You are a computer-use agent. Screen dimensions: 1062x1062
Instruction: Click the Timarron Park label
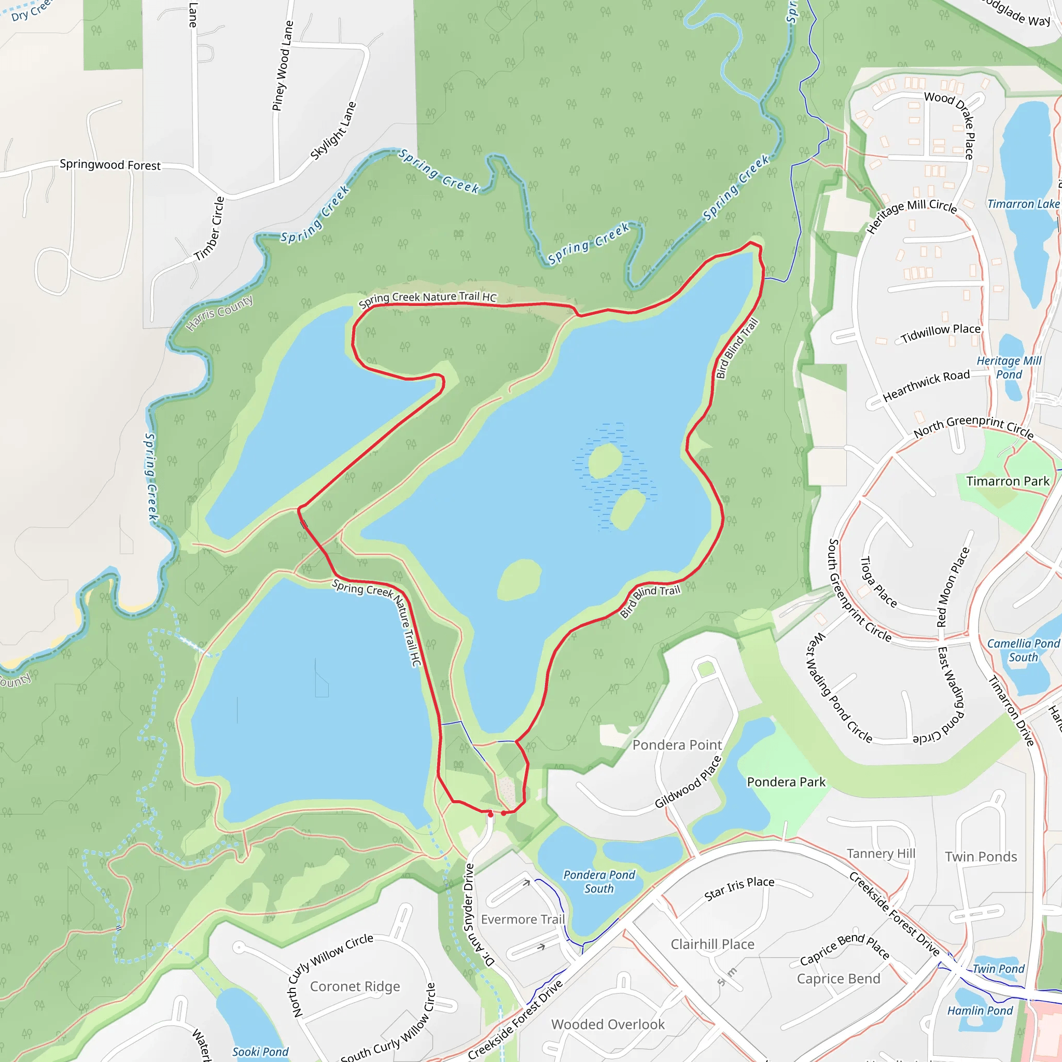1008,482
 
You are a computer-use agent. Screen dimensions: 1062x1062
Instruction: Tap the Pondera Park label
786,781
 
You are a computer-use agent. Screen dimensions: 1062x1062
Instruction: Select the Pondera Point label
677,745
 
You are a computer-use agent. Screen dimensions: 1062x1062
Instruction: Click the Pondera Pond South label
599,882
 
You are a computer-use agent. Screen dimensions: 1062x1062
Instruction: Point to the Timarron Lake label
1023,204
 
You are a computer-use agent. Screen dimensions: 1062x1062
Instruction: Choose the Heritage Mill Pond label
1009,368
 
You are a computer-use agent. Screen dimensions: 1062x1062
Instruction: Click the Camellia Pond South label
1023,650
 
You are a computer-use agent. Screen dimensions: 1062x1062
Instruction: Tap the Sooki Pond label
260,1052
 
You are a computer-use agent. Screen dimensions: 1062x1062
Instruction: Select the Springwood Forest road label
110,165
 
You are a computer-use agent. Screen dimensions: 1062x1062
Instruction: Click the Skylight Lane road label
333,131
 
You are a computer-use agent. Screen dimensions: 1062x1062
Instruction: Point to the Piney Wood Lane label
283,66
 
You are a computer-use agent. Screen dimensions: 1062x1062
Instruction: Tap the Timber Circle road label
209,229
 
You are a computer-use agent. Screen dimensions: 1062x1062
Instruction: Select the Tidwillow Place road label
941,332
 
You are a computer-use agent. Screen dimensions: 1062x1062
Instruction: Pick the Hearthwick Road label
926,385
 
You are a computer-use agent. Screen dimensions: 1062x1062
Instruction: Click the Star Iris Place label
739,888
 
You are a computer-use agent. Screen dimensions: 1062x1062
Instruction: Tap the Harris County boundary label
219,313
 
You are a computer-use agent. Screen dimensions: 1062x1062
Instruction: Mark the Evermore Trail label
523,919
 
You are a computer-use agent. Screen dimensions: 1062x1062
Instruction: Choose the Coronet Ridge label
355,987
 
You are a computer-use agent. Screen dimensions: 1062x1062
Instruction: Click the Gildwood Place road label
688,782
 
